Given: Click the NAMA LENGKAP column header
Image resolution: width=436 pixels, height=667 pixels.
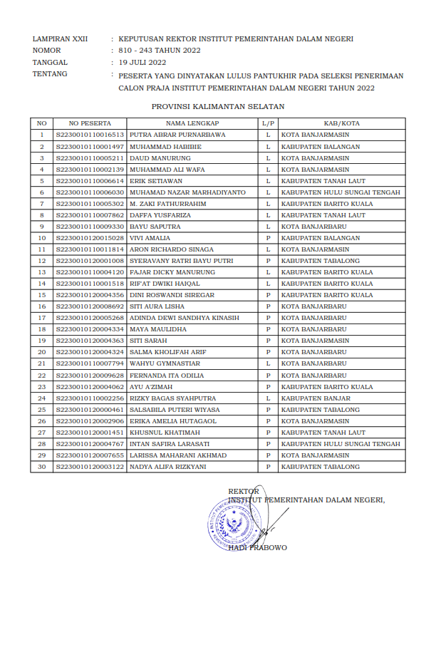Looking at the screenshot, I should [192, 123].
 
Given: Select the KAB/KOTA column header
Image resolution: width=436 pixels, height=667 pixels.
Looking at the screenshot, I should [341, 123].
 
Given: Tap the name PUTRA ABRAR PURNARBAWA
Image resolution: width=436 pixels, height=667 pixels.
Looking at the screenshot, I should [177, 135].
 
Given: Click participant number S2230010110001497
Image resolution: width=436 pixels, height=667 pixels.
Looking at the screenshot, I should [90, 146].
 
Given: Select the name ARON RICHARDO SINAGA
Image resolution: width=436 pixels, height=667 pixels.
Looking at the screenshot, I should [170, 249].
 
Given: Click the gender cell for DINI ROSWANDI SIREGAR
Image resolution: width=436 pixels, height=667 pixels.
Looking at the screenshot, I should [268, 295].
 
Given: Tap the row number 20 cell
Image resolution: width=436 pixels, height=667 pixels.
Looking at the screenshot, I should [42, 352].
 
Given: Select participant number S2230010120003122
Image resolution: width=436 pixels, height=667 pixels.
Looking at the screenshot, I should [90, 467].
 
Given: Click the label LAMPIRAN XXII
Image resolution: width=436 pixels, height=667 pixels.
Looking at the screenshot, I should [60, 39].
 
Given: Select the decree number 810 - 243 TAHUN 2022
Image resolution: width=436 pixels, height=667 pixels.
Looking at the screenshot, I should [160, 51].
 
